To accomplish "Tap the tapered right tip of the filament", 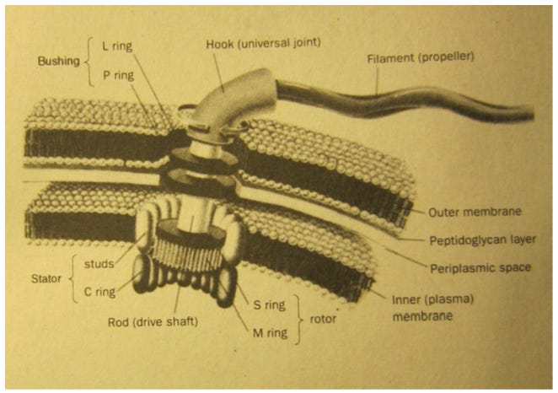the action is tap(528, 114).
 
